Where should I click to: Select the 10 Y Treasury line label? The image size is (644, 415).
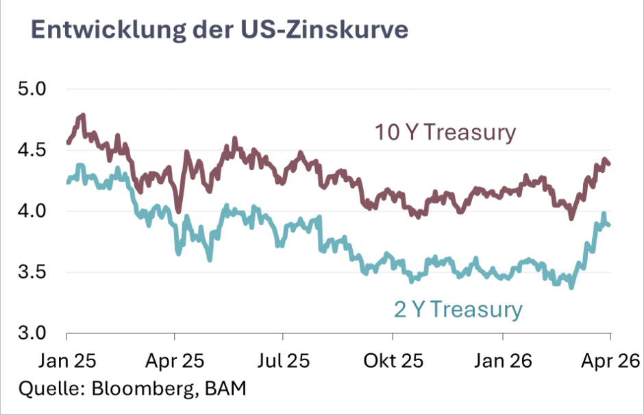[444, 132]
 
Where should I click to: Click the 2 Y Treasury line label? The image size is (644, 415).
[458, 309]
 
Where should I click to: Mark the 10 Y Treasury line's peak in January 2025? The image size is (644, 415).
[83, 115]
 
